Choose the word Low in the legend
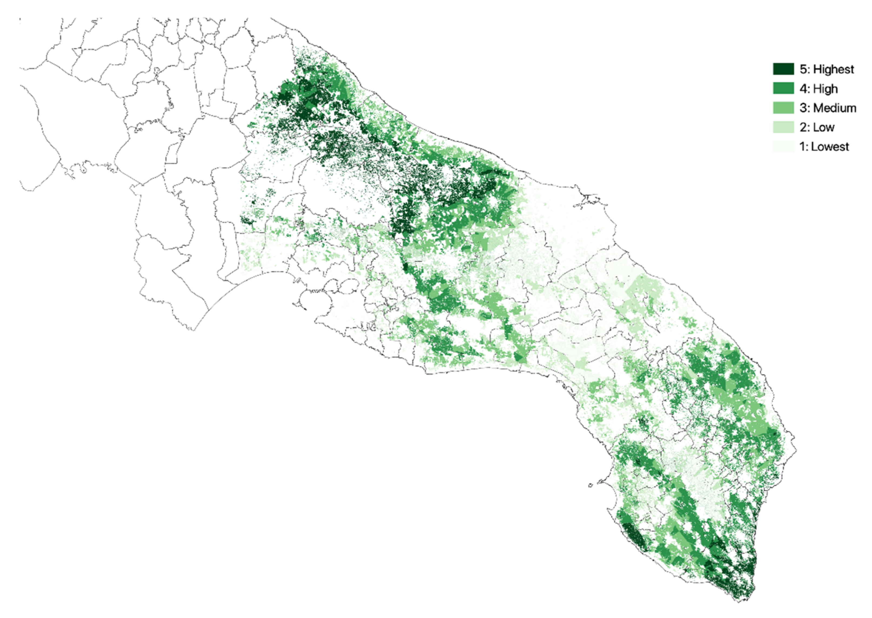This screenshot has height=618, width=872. click(824, 128)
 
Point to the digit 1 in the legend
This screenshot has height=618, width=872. click(802, 147)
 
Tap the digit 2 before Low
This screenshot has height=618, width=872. click(803, 128)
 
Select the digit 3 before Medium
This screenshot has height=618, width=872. click(803, 108)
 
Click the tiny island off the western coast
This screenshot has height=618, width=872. click(590, 485)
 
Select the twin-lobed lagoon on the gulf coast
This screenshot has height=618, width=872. click(344, 286)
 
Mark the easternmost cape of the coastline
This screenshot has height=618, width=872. click(796, 450)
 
